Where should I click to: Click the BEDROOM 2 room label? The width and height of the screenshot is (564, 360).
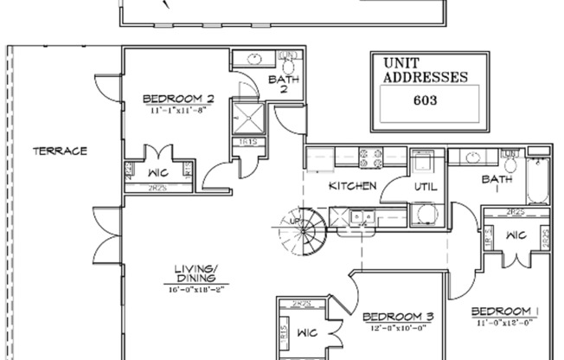click(x=177, y=99)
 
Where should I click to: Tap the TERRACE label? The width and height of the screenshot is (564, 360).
click(x=60, y=151)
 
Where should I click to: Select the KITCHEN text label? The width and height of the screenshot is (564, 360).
click(x=352, y=186)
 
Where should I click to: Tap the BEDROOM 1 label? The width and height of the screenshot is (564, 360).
click(x=506, y=311)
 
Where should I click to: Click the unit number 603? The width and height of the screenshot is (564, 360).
click(x=425, y=100)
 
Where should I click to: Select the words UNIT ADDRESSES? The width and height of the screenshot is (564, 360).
click(x=425, y=69)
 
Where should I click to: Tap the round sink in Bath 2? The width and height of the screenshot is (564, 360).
click(x=256, y=59)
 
